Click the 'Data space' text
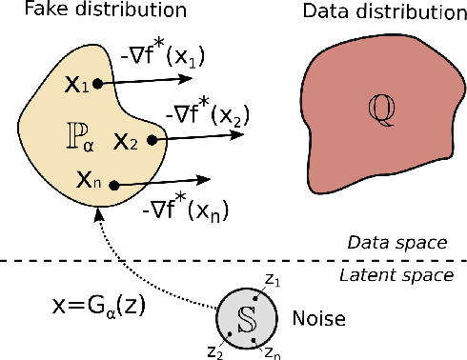pos(411,243)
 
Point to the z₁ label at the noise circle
pos(273,281)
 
